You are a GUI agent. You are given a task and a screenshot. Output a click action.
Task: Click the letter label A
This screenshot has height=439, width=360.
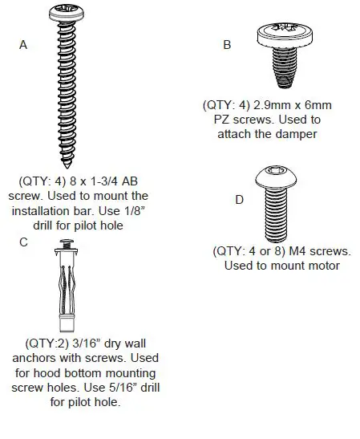(23, 46)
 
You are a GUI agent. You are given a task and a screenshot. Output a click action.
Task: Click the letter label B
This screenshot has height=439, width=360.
(227, 46)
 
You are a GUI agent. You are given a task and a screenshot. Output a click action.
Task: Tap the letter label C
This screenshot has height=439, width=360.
(23, 242)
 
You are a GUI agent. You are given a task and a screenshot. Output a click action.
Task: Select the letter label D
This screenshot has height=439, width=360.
(239, 200)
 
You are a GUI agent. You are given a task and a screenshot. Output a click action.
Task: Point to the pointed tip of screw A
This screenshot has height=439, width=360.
(69, 164)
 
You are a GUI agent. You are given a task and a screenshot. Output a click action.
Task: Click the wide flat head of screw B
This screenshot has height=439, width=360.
(280, 35)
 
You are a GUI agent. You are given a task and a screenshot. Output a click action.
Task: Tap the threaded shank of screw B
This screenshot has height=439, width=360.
(279, 68)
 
